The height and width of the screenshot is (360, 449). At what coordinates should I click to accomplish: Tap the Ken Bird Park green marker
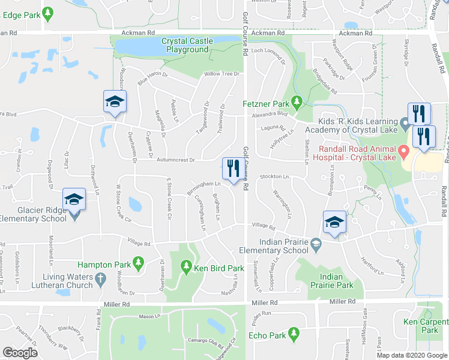pyautogui.click(x=186, y=266)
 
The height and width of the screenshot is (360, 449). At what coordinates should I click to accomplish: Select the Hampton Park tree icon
pyautogui.click(x=138, y=262)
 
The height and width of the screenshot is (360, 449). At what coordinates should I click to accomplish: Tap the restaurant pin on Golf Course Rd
pyautogui.click(x=234, y=167)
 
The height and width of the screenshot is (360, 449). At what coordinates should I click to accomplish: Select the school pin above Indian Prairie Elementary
pyautogui.click(x=334, y=222)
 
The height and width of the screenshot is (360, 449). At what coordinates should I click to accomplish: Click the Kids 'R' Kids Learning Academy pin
pyautogui.click(x=405, y=126)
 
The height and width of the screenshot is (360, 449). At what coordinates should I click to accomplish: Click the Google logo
pyautogui.click(x=20, y=353)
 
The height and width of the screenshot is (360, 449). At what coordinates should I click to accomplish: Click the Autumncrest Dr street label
pyautogui.click(x=176, y=160)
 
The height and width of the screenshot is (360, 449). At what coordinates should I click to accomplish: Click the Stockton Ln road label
pyautogui.click(x=276, y=177)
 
